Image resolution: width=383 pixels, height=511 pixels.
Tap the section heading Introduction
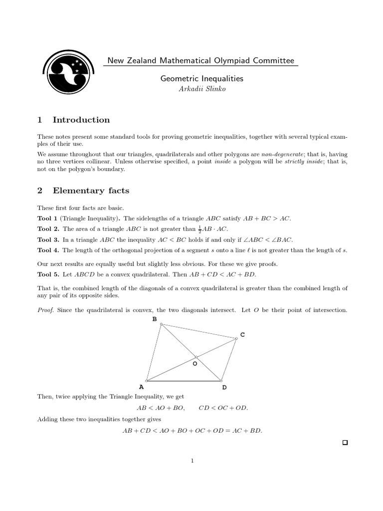coord(81,120)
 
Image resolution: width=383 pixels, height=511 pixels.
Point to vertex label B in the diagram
coord(154,318)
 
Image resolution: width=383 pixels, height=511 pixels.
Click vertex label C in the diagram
coord(242,335)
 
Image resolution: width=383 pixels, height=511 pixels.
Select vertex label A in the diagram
coord(141,387)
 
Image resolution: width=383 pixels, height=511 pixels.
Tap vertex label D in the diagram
coord(224,387)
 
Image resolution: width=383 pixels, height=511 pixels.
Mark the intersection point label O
coord(194,364)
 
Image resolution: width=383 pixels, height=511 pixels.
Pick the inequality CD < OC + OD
coord(223,408)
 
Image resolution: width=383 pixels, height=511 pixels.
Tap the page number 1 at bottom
coord(192,461)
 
